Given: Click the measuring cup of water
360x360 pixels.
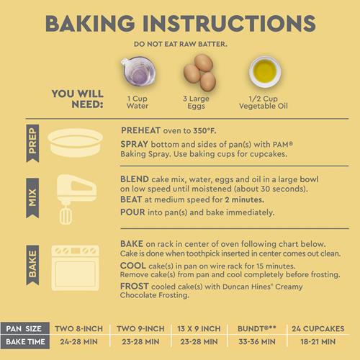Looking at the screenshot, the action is tap(138, 71).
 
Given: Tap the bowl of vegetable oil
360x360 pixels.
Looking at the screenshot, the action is tap(265, 72).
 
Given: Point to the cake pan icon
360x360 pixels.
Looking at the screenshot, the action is tap(76, 143).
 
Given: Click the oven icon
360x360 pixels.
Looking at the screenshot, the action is tap(76, 268).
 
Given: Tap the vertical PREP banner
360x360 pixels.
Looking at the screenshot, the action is tap(32, 143).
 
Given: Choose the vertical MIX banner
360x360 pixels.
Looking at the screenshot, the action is tap(32, 198).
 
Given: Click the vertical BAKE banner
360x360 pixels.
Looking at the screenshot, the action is tap(32, 265).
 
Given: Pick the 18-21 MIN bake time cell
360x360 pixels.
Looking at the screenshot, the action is tap(318, 341).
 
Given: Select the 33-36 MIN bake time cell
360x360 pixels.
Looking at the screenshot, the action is tap(257, 341).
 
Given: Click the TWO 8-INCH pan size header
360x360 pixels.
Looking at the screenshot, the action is tap(78, 328).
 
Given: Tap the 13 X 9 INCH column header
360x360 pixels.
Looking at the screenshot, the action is tap(199, 328).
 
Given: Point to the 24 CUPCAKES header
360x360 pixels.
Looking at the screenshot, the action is tap(318, 328).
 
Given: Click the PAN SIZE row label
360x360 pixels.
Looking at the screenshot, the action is tap(24, 328).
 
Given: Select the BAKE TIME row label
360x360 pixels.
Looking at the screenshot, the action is tap(25, 341).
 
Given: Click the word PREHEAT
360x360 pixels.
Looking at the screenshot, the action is tap(140, 130).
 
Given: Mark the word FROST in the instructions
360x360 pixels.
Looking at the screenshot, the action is tap(135, 286).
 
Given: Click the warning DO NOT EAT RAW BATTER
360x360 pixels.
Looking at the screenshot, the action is tap(181, 44).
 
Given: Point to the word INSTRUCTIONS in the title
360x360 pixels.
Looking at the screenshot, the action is tap(230, 23).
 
